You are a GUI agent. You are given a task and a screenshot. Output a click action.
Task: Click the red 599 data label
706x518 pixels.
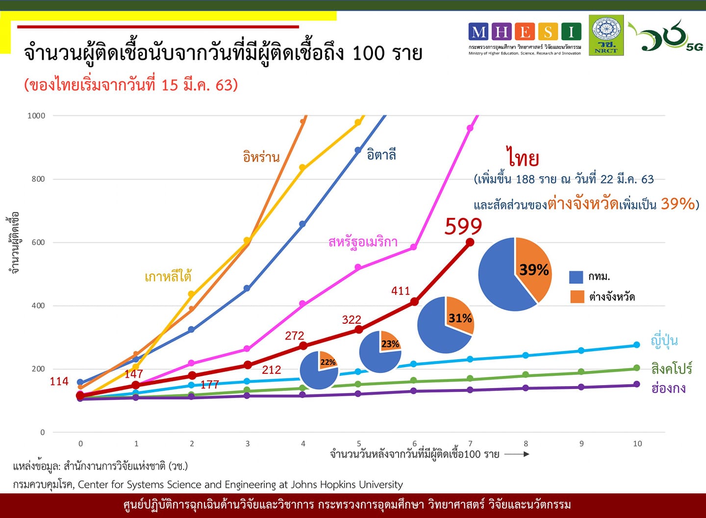(x=463, y=226)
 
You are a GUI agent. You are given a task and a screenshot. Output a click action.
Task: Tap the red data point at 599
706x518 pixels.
(x=470, y=242)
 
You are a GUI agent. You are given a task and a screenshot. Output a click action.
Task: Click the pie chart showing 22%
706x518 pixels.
(x=319, y=370)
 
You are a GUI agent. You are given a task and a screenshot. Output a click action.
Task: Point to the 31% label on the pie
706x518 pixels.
(x=460, y=318)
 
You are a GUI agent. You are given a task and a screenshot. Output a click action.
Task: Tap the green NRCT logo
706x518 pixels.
(x=606, y=35)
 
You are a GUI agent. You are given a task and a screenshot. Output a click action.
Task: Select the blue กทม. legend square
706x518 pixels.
(x=576, y=277)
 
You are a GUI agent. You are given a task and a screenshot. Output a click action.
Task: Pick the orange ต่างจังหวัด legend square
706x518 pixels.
(x=577, y=296)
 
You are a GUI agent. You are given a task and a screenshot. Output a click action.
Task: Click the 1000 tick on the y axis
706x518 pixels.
(x=36, y=116)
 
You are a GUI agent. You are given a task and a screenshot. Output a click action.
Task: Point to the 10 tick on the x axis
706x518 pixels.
(x=637, y=444)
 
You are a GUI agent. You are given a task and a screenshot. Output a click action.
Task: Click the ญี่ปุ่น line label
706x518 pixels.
(x=664, y=340)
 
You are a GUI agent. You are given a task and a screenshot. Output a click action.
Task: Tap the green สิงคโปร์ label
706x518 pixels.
(x=671, y=368)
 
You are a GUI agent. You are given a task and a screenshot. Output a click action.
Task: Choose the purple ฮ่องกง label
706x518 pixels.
(x=668, y=388)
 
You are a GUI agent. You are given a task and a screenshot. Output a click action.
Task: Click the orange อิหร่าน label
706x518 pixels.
(x=261, y=157)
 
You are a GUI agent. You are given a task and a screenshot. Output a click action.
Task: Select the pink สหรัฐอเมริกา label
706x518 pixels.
(x=363, y=242)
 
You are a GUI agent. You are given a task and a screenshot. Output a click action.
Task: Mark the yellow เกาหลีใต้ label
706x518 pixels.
(x=168, y=277)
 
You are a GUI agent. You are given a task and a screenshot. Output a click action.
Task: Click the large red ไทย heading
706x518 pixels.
(x=523, y=158)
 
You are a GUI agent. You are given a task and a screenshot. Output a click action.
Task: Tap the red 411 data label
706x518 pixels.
(x=401, y=291)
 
